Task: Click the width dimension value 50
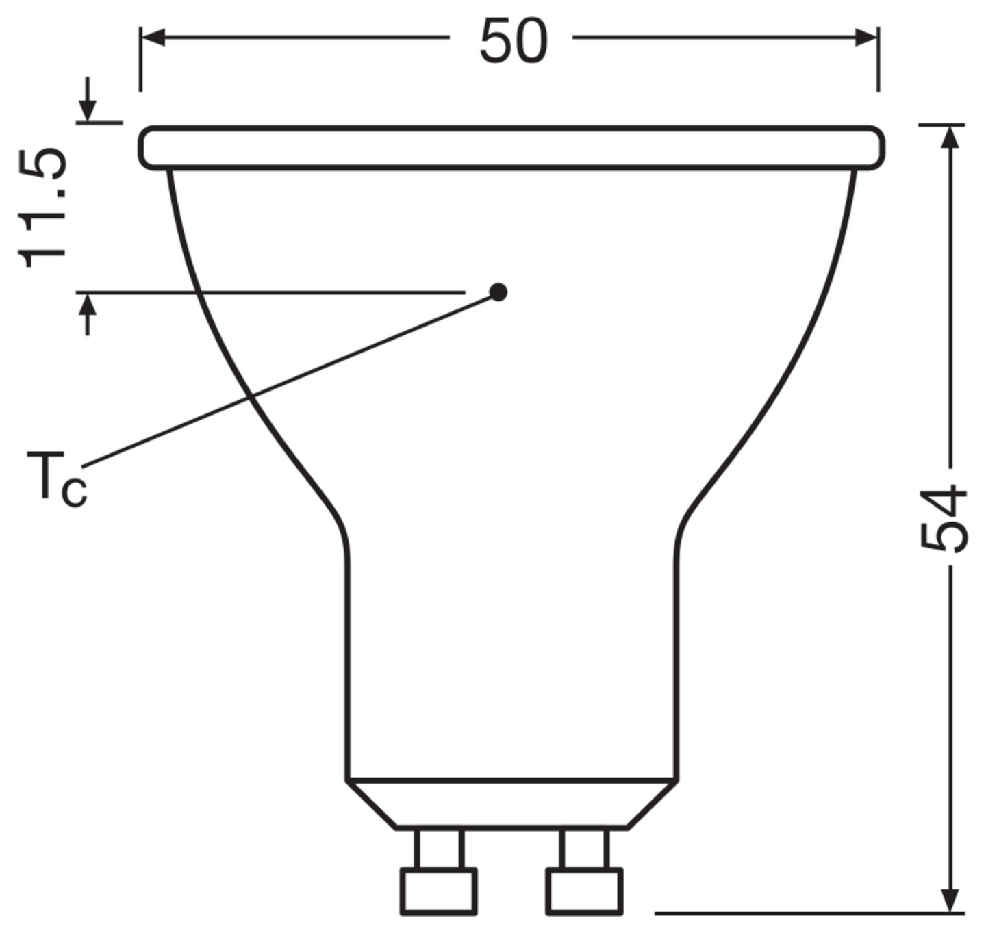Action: pos(513,41)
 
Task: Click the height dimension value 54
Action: pos(944,518)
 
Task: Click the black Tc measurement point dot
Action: pos(498,292)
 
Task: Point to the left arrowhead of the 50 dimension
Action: pos(153,38)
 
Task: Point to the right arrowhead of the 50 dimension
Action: pos(865,38)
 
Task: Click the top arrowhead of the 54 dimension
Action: pos(949,137)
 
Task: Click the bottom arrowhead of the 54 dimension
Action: pos(949,899)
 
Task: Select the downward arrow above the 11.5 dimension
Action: pos(87,103)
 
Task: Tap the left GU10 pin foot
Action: pos(438,891)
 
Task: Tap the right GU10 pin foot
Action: pos(584,891)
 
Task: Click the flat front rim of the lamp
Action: pos(511,147)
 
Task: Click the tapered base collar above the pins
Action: pos(511,804)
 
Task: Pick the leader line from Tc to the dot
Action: pos(288,380)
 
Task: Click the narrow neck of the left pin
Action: pos(438,849)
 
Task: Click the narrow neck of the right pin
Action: pos(584,849)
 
